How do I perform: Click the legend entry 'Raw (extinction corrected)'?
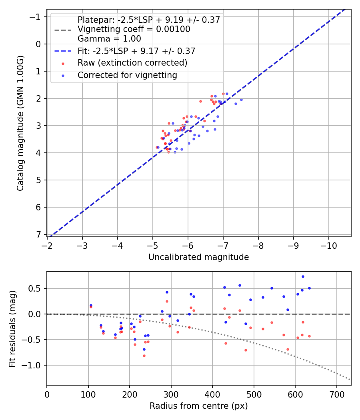point(132,63)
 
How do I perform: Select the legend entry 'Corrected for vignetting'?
point(127,75)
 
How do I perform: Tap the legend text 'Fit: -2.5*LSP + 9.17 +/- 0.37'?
point(136,51)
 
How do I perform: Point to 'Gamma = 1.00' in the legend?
point(109,39)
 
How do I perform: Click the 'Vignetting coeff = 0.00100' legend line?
point(134,29)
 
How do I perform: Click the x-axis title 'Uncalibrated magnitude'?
point(198,257)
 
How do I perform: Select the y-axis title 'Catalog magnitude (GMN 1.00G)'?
point(21,123)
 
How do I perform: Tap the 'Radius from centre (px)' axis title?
point(198,406)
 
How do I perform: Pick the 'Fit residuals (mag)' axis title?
point(12,328)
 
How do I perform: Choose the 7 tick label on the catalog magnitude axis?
point(38,234)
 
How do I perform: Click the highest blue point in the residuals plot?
point(303,276)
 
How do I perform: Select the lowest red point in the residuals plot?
point(144,356)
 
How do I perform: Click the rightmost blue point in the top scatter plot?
point(241,100)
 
